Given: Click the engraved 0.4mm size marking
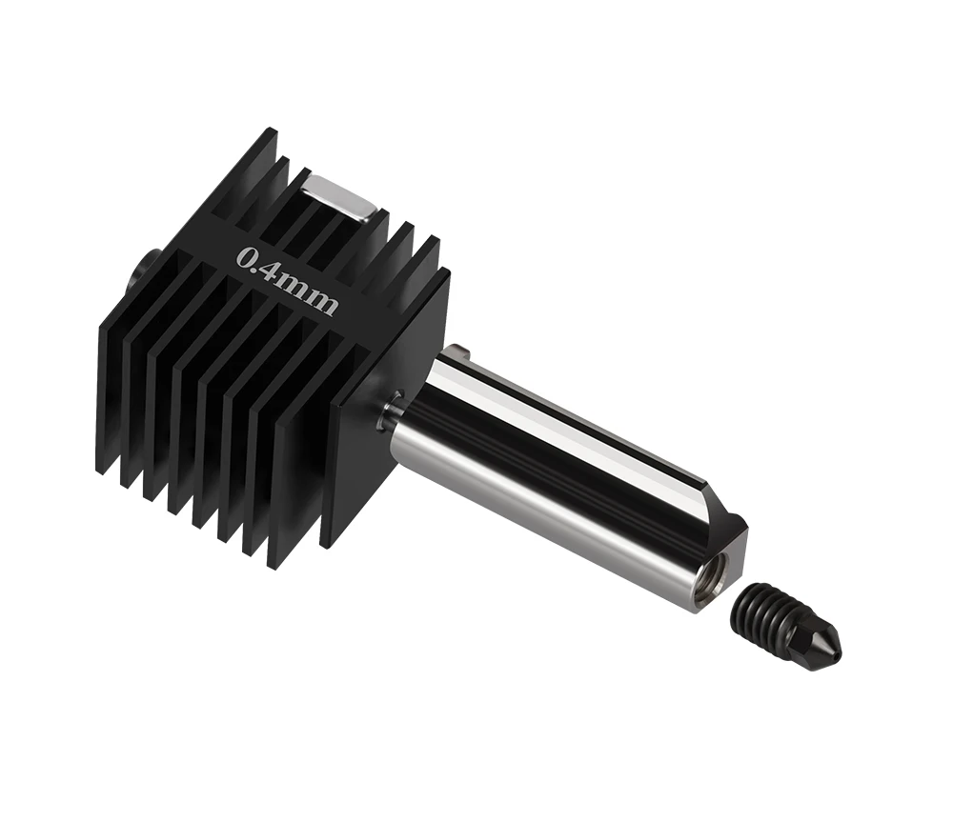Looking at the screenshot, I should [287, 280].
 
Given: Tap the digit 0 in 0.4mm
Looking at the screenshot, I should [246, 257].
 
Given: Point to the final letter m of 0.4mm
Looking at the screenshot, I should [323, 302].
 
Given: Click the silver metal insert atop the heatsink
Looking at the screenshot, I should [339, 197].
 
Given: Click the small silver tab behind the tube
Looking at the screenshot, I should [460, 353].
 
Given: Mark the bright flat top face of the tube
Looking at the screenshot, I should [572, 420].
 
